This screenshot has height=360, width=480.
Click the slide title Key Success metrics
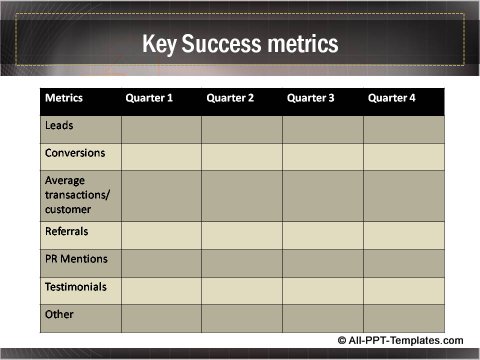240,44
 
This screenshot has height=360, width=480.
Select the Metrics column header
63,99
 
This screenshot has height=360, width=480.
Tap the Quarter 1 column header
149,99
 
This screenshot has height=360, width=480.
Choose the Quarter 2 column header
230,99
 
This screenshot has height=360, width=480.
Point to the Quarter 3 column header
310,99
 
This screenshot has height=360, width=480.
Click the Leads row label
59,127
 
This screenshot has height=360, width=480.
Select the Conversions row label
75,154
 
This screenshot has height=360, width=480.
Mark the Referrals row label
67,231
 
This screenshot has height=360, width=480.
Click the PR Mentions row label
75,259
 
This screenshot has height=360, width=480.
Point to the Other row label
59,315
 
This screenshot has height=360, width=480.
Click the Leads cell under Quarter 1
161,130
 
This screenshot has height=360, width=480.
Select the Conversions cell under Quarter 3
322,157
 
